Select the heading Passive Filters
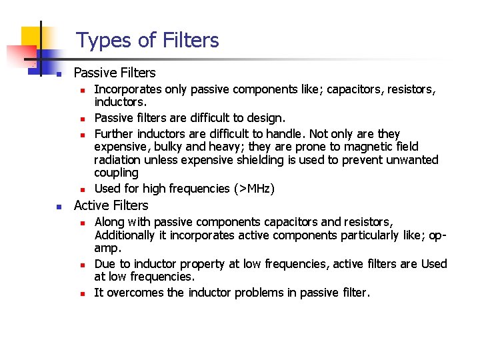[115, 73]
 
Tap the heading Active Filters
[111, 205]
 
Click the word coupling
[116, 173]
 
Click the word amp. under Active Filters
[108, 249]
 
